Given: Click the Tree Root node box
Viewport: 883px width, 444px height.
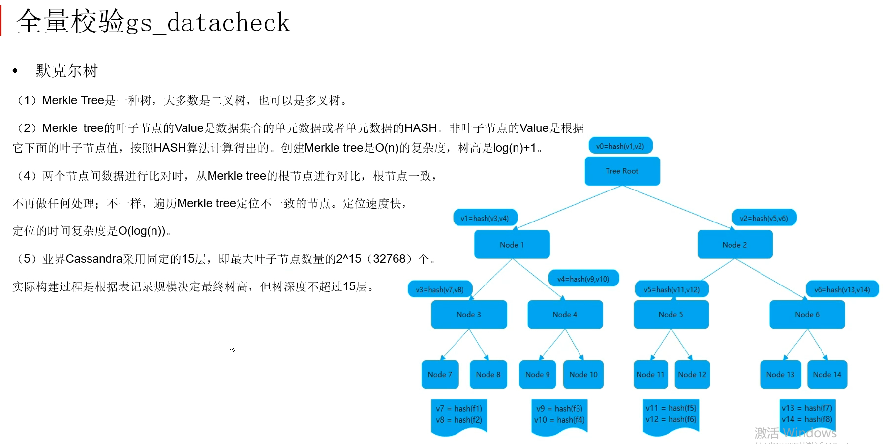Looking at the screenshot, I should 622,171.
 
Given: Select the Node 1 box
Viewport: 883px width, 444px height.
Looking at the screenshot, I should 512,244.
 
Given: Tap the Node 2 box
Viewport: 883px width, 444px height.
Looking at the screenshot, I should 734,244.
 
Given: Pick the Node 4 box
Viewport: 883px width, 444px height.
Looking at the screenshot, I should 565,314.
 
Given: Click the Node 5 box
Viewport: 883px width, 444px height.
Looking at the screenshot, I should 671,314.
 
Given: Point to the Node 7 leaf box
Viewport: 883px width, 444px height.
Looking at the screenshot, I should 440,374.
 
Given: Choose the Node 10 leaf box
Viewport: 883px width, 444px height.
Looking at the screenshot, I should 583,374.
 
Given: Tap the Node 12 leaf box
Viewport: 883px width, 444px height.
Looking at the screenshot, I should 692,374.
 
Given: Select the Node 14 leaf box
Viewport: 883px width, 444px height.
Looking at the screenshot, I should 826,374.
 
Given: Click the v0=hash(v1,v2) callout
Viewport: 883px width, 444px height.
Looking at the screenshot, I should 620,146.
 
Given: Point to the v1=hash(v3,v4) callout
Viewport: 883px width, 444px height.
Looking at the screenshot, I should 485,218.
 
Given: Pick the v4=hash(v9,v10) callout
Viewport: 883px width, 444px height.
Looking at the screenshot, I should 583,279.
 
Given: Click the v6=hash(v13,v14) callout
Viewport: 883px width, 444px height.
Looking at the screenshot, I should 842,289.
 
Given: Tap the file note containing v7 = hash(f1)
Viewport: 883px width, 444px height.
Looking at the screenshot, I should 458,414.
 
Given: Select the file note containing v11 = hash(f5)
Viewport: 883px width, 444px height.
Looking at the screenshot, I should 671,414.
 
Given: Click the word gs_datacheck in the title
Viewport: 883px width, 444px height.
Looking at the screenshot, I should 208,23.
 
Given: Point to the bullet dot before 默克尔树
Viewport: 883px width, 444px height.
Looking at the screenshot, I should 15,71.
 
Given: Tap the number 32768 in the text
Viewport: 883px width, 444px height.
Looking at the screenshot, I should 389,259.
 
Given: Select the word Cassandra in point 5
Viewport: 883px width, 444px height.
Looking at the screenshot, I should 94,259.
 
